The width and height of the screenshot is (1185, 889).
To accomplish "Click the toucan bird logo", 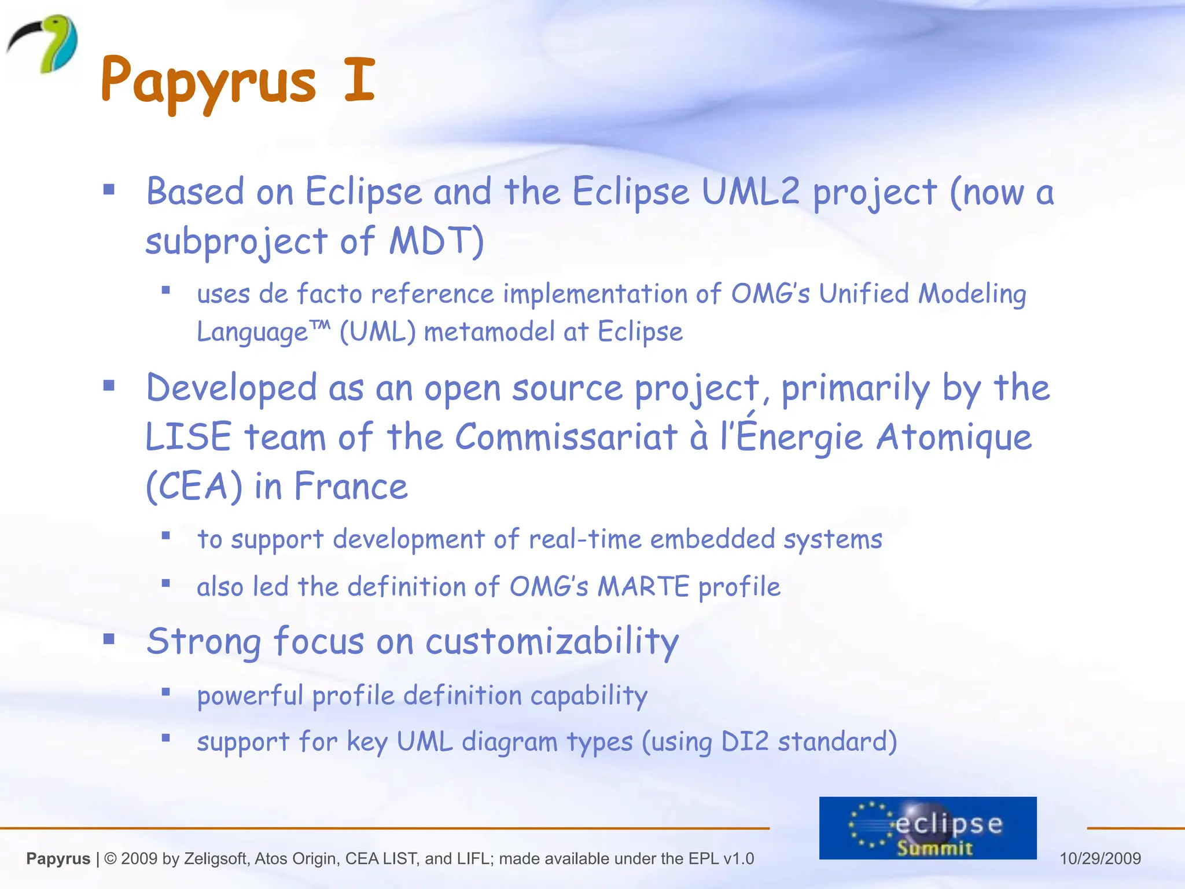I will coord(43,44).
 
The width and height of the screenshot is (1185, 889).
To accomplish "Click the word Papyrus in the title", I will coord(208,81).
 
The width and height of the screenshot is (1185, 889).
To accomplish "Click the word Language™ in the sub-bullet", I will coord(264,332).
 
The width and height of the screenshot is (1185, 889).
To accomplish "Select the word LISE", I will coord(189,437).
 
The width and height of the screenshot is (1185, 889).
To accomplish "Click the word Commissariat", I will coord(566,437).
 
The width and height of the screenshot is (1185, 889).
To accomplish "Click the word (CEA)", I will coord(193,486).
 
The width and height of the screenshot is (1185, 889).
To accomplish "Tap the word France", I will coord(351,486).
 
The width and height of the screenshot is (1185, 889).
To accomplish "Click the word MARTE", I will coord(643,587).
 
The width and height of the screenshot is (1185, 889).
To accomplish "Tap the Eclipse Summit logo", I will coord(928,828).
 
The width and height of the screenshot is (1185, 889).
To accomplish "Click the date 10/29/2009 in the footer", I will coord(1100,858).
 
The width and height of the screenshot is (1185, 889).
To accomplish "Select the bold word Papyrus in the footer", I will coord(58,858).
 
